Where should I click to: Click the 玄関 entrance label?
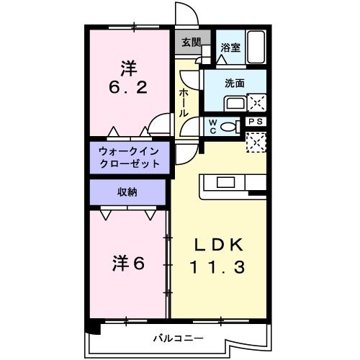click(191, 42)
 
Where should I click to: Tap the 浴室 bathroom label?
click(230, 48)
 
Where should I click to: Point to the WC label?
click(215, 126)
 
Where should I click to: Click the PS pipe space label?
click(256, 122)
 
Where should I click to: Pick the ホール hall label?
click(184, 101)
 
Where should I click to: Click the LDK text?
click(217, 243)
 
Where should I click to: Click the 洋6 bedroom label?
click(128, 264)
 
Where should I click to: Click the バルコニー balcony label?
click(178, 338)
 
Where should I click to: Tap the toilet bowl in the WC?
click(230, 127)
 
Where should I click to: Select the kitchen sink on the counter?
click(222, 181)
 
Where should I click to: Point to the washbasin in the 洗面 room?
click(234, 103)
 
